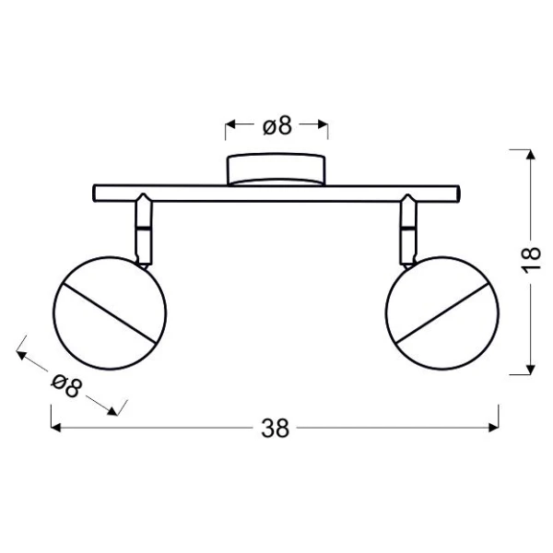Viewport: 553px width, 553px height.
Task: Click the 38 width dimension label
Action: pos(275,429)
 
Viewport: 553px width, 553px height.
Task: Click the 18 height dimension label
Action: pos(531,260)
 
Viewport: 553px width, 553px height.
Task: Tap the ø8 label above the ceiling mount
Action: pos(277,125)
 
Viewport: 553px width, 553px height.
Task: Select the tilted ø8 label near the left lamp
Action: pos(66,386)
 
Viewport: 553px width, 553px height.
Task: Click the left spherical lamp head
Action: pos(110,313)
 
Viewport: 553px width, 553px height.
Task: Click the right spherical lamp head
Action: pos(442,313)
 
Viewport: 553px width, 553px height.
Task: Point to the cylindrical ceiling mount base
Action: pos(276,170)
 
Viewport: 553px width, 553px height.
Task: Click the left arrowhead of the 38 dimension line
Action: pos(55,428)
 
